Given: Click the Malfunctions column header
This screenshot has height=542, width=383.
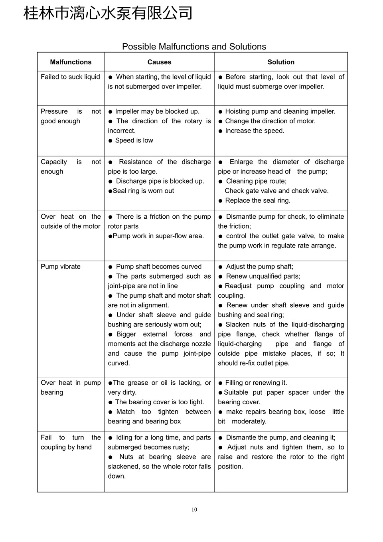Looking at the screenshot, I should (x=71, y=62).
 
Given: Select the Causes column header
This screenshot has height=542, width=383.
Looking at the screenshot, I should (x=159, y=62).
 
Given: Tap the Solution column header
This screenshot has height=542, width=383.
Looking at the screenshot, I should (x=281, y=62).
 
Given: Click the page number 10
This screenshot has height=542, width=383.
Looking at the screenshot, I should (x=194, y=509).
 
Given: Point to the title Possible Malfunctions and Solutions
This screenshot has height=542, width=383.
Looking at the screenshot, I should (x=194, y=47).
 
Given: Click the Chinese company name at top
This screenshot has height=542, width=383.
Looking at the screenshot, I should (x=108, y=13).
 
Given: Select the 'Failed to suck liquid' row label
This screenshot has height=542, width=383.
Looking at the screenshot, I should (x=70, y=77).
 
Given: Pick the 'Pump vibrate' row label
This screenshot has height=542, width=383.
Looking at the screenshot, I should (x=61, y=266).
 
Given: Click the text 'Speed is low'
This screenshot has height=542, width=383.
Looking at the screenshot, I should (x=134, y=140).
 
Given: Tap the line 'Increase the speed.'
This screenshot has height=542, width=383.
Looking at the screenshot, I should (x=255, y=131).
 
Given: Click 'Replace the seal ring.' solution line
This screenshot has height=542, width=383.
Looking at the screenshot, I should (x=258, y=200).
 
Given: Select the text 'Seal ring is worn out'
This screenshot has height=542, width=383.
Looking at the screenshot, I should (x=143, y=190).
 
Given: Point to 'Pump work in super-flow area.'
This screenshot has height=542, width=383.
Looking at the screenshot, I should (x=158, y=236).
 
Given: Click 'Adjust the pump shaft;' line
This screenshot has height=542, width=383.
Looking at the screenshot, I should (x=259, y=266).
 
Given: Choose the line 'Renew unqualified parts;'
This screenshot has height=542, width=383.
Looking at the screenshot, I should (x=263, y=276).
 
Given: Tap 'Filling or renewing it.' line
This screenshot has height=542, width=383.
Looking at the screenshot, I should (x=256, y=382).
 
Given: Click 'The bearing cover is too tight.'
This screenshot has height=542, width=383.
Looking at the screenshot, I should (x=159, y=402).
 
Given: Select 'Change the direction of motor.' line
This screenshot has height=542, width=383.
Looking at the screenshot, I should (x=270, y=121).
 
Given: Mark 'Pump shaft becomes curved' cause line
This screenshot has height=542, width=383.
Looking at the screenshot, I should (x=158, y=266).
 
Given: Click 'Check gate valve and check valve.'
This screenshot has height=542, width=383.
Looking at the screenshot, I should (x=276, y=190).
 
